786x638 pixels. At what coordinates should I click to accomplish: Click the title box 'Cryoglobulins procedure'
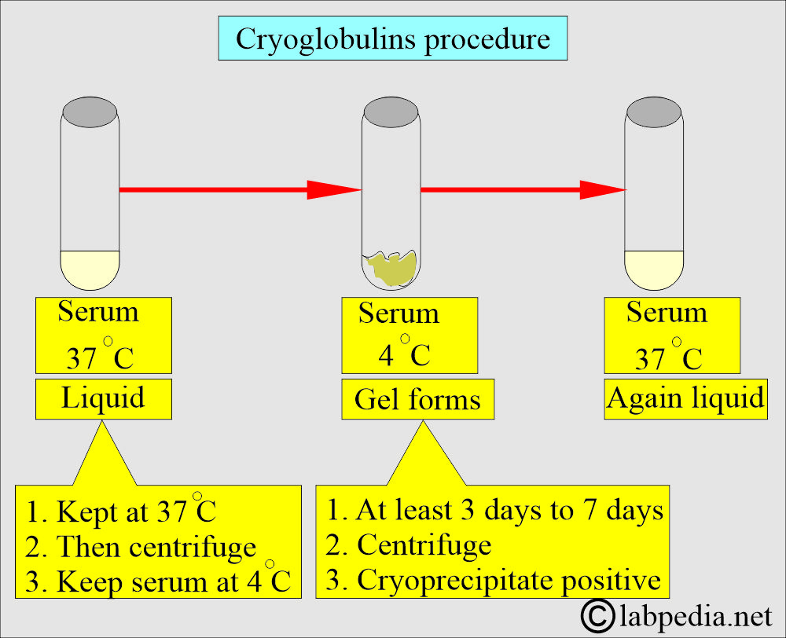pyautogui.click(x=392, y=38)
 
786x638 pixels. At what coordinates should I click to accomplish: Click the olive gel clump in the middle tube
pyautogui.click(x=392, y=268)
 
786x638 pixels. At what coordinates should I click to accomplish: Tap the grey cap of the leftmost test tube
pyautogui.click(x=90, y=110)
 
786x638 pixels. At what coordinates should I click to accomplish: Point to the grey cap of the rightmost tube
pyautogui.click(x=654, y=110)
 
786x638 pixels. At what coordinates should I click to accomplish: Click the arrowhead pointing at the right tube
pyautogui.click(x=601, y=189)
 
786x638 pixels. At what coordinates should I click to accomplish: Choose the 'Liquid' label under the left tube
pyautogui.click(x=103, y=398)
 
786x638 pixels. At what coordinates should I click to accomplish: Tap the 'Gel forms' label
pyautogui.click(x=417, y=399)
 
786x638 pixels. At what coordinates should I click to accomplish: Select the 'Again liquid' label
pyautogui.click(x=685, y=398)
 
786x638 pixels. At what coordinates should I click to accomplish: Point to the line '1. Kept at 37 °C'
pyautogui.click(x=122, y=511)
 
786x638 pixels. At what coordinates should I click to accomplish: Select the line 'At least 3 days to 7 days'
pyautogui.click(x=495, y=510)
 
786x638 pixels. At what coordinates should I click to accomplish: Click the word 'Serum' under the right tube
pyautogui.click(x=667, y=313)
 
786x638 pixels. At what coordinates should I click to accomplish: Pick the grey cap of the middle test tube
pyautogui.click(x=391, y=110)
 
